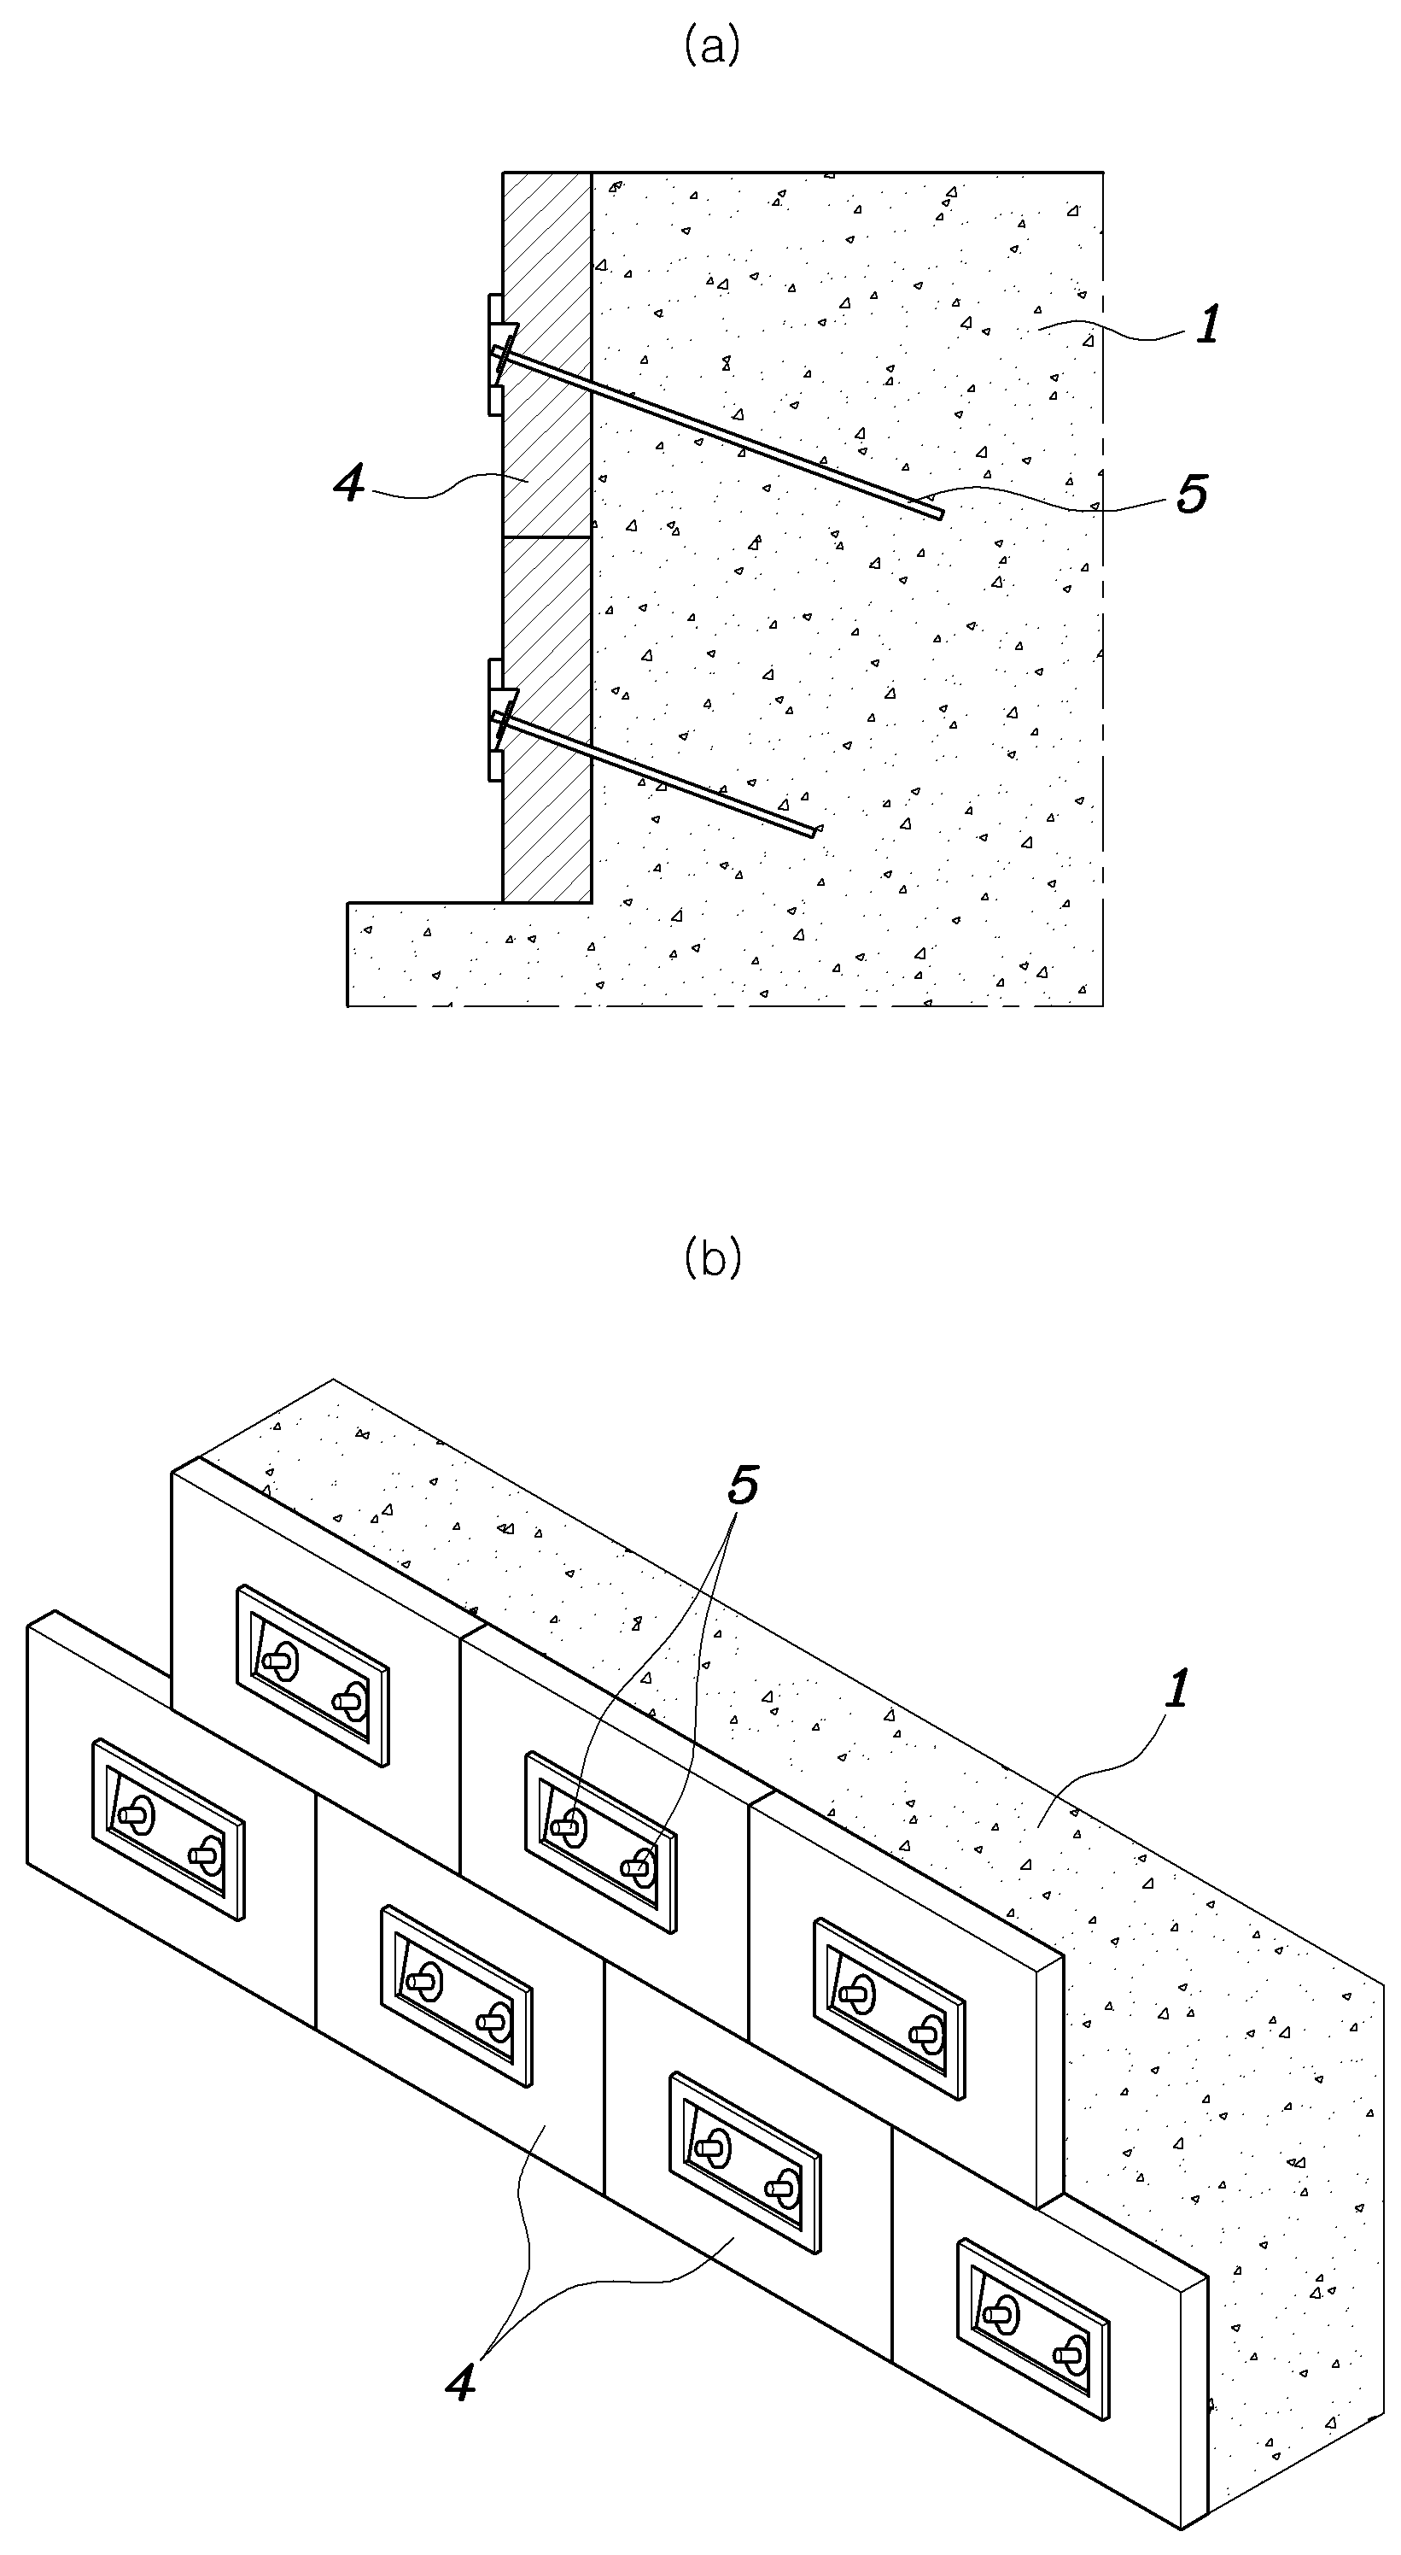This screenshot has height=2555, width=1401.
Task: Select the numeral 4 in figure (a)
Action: (x=349, y=485)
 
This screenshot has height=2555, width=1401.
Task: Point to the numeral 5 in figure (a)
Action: (x=1192, y=493)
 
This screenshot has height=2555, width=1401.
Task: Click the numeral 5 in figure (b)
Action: (x=743, y=1485)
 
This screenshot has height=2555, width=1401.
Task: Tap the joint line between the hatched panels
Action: (x=547, y=537)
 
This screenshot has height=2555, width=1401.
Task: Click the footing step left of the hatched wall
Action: (x=425, y=904)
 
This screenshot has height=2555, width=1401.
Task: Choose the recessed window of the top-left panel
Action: (x=312, y=1674)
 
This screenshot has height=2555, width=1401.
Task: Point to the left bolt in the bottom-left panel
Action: (x=136, y=1816)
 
